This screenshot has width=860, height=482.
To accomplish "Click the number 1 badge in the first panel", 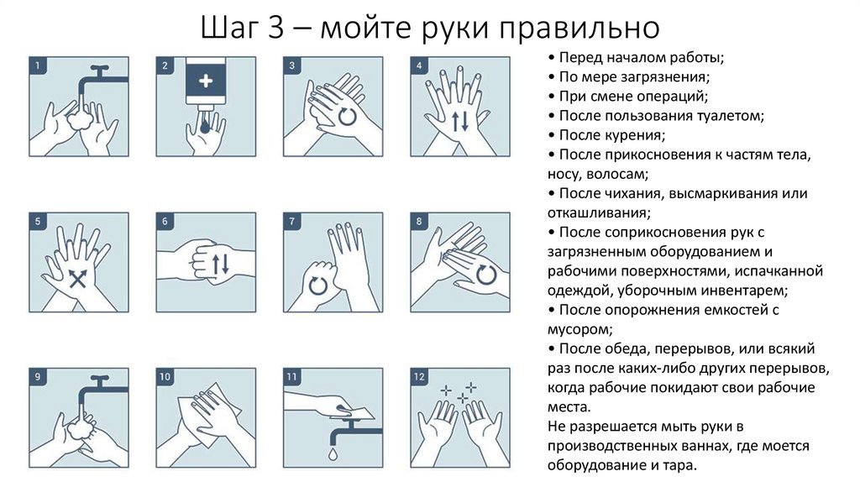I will pyautogui.click(x=37, y=65).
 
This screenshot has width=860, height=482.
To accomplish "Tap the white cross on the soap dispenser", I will pyautogui.click(x=207, y=81).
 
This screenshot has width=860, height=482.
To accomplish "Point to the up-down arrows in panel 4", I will pyautogui.click(x=459, y=120).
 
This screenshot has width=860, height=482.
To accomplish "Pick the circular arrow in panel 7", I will pyautogui.click(x=318, y=285).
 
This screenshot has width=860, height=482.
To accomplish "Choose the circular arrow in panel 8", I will pyautogui.click(x=485, y=275).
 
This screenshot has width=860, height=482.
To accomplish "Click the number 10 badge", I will pyautogui.click(x=165, y=377).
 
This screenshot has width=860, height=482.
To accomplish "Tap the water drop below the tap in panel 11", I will pyautogui.click(x=333, y=453).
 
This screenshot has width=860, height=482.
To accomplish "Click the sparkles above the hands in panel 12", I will pyautogui.click(x=459, y=392).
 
